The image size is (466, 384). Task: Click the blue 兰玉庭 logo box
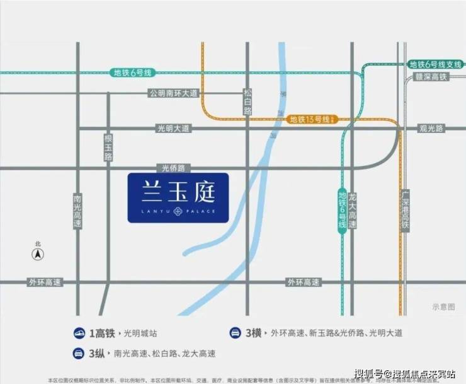(178, 197)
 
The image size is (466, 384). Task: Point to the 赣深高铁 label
(431, 76)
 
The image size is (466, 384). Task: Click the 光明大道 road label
(173, 128)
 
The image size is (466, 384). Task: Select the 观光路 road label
(431, 128)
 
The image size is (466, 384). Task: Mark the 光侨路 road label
(173, 168)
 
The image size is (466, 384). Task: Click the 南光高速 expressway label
(77, 210)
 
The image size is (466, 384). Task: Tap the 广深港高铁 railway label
(405, 208)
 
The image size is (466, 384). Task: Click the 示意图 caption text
(443, 306)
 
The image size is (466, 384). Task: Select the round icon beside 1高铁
(80, 333)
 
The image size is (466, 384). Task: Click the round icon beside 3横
(234, 333)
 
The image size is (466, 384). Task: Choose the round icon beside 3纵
(80, 353)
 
